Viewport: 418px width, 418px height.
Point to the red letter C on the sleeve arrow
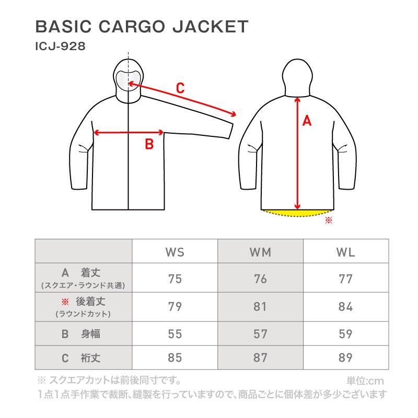pyautogui.click(x=180, y=88)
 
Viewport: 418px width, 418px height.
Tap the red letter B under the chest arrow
pyautogui.click(x=149, y=144)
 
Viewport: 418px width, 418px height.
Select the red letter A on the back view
pyautogui.click(x=307, y=121)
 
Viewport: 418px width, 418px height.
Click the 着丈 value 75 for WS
pyautogui.click(x=175, y=278)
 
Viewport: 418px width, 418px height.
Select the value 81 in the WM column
pyautogui.click(x=260, y=306)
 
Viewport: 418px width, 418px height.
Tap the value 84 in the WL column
pyautogui.click(x=345, y=306)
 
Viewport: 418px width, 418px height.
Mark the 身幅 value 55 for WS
pyautogui.click(x=175, y=334)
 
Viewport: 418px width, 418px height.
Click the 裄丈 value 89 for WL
pyautogui.click(x=345, y=358)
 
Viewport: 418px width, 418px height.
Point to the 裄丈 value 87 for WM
pyautogui.click(x=260, y=358)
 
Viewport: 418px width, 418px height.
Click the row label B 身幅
pyautogui.click(x=83, y=334)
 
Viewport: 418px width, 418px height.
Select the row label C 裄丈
pyautogui.click(x=83, y=358)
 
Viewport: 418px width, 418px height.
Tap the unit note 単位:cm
pyautogui.click(x=366, y=381)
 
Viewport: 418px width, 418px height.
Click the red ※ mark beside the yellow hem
pyautogui.click(x=329, y=220)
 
